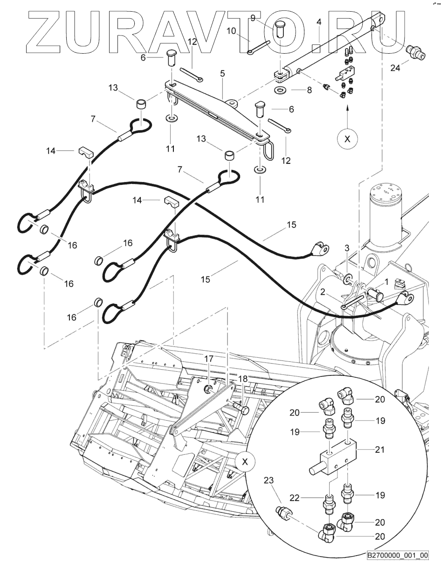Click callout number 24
pos(395,68)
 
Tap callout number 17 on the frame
pos(208,359)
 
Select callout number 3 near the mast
pos(346,247)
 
